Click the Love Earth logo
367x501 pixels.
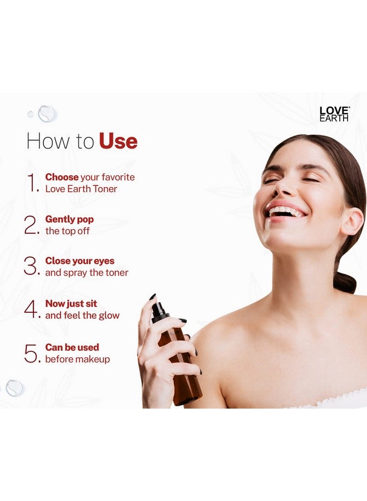pos(334,114)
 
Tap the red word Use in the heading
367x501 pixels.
pos(118,141)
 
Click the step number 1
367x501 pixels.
pos(33,183)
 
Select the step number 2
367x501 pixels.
pos(31,225)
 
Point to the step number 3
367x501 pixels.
pos(31,267)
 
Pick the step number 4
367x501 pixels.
pos(31,310)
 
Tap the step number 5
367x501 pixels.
pos(31,353)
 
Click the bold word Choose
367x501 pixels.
pos(62,177)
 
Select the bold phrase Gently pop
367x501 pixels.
pos(70,219)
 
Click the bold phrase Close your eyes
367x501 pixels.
pos(80,261)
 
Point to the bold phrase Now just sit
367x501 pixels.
pos(71,303)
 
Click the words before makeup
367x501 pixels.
pos(77,360)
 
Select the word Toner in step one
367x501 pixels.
pos(105,189)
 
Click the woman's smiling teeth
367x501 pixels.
pos(286,212)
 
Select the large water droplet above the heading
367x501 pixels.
pos(47,114)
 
